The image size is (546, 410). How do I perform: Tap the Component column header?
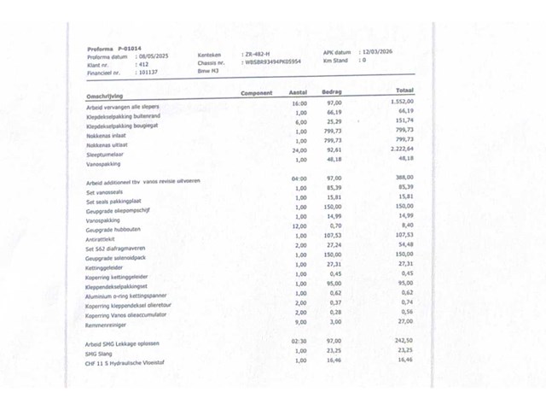point(257,93)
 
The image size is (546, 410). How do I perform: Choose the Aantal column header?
point(298,91)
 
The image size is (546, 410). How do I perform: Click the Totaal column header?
point(404,90)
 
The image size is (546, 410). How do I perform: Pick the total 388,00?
point(404,177)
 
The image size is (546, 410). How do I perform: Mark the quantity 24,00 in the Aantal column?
point(299,149)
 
